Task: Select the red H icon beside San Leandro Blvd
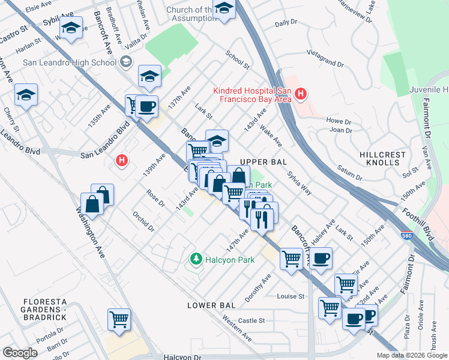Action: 122,160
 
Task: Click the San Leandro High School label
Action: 70,62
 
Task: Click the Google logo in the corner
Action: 20,353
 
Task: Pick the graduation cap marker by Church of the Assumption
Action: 224,10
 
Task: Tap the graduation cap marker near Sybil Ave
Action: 71,29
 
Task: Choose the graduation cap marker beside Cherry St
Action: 26,95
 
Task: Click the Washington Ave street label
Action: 89,231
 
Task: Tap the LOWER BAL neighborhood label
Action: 211,305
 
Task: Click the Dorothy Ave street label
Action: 258,289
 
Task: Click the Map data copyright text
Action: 411,355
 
